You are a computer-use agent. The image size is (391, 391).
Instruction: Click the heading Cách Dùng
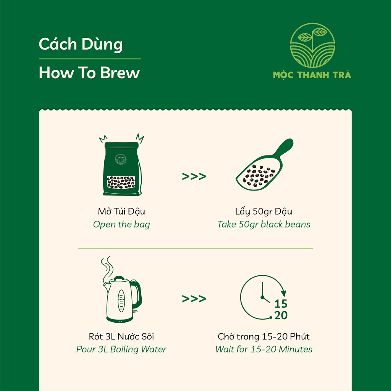(x=81, y=45)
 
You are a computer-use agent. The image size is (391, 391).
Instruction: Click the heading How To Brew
(x=89, y=73)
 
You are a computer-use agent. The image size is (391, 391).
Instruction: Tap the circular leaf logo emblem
(x=312, y=45)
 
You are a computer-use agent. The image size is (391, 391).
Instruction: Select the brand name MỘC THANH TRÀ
(x=312, y=75)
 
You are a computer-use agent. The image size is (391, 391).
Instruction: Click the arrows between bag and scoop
(x=194, y=176)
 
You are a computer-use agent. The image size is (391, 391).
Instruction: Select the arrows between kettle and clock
(x=194, y=299)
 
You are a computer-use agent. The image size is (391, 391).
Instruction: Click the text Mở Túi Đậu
(x=121, y=212)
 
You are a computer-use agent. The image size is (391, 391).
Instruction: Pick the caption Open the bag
(x=121, y=225)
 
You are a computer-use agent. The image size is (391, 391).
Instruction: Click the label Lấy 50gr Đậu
(x=263, y=212)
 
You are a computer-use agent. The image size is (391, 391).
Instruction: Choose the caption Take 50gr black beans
(x=263, y=225)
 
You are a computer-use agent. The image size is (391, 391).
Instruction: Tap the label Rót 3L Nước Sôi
(x=121, y=336)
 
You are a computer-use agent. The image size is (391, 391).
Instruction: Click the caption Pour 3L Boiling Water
(x=121, y=349)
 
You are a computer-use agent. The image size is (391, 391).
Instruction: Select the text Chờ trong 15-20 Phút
(x=263, y=336)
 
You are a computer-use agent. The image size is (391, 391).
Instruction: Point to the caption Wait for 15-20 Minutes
(x=263, y=349)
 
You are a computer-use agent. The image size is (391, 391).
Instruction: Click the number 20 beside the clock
(x=281, y=315)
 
